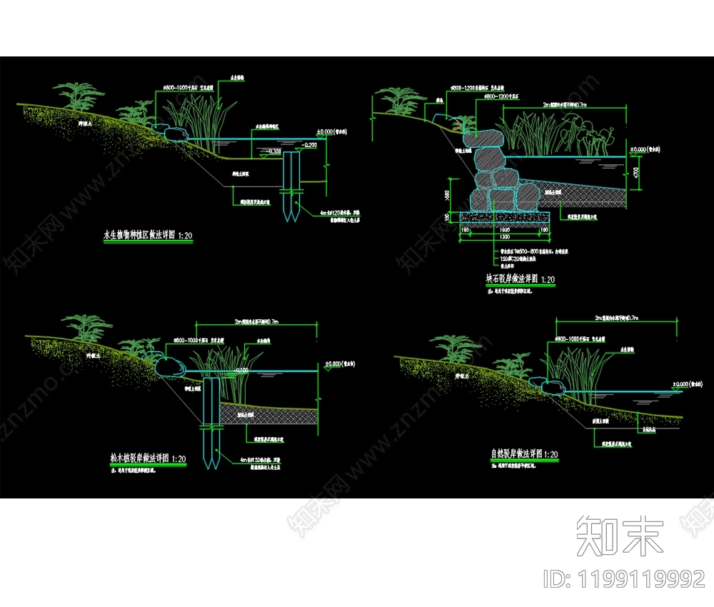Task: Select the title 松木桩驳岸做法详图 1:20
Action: pyautogui.click(x=149, y=458)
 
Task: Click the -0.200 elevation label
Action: pyautogui.click(x=308, y=144)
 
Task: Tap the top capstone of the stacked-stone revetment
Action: pyautogui.click(x=486, y=137)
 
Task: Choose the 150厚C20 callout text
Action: pyautogui.click(x=514, y=258)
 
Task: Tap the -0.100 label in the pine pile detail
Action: pyautogui.click(x=241, y=370)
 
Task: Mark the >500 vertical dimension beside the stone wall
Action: pyautogui.click(x=446, y=194)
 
